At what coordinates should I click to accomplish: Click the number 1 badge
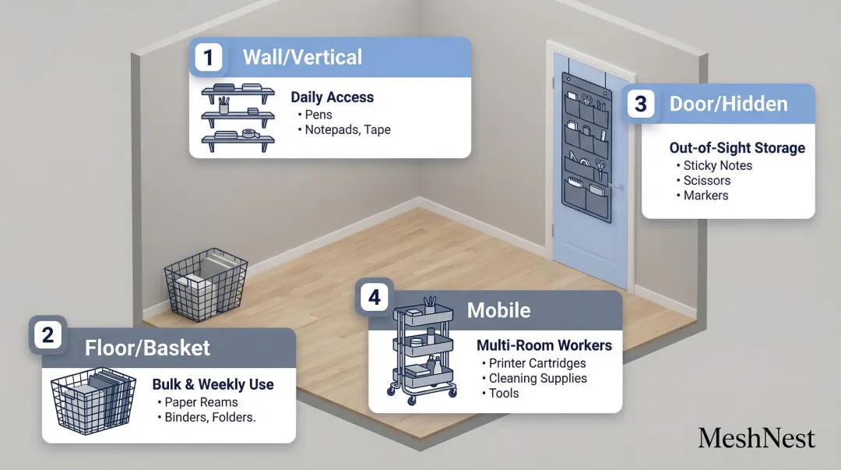(x=208, y=58)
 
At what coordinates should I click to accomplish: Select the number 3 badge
(x=640, y=104)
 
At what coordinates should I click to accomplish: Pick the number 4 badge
(x=375, y=298)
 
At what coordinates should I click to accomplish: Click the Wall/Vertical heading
(x=302, y=57)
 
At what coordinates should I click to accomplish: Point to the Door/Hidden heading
(x=728, y=104)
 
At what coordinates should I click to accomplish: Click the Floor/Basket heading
(x=147, y=348)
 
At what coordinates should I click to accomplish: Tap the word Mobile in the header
(x=498, y=310)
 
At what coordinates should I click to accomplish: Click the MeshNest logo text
(x=756, y=437)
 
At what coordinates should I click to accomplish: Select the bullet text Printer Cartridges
(x=537, y=363)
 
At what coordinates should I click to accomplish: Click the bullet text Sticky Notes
(x=717, y=165)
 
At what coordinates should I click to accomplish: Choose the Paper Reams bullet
(x=201, y=402)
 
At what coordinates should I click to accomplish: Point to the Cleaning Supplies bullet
(x=538, y=378)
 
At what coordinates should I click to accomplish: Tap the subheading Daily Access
(x=332, y=97)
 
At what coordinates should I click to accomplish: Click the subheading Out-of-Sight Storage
(x=737, y=147)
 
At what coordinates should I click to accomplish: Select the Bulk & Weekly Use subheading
(x=213, y=384)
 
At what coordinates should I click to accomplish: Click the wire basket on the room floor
(x=206, y=284)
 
